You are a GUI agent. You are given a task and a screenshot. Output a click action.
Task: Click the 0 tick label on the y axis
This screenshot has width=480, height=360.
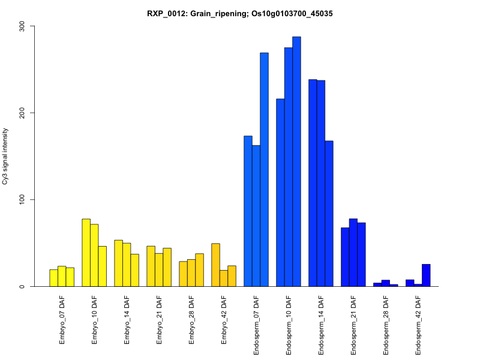(24, 286)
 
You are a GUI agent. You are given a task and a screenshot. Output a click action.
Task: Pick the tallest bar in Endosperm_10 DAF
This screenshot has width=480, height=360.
(296, 162)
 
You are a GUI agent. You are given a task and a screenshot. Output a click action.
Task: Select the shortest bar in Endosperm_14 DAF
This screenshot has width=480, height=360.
(329, 214)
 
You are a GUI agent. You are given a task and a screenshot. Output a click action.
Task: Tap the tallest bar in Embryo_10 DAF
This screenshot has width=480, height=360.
(86, 253)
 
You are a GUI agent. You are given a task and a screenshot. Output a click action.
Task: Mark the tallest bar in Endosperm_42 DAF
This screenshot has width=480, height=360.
(426, 275)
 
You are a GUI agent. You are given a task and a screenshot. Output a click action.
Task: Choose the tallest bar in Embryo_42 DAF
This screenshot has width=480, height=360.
(215, 265)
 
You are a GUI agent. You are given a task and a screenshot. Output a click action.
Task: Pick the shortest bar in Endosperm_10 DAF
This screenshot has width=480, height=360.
(280, 193)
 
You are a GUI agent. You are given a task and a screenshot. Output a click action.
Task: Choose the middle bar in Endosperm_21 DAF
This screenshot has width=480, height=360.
(353, 253)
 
